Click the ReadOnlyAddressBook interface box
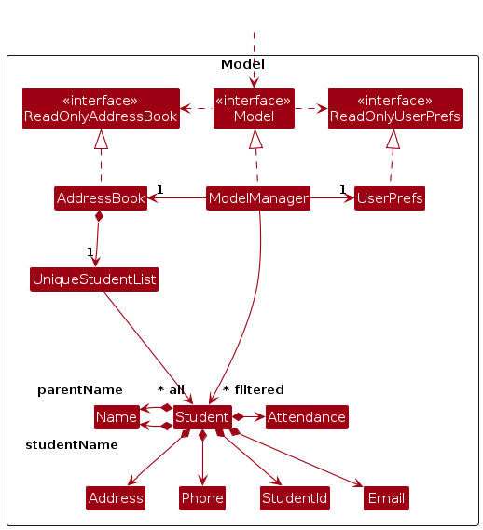pos(101,108)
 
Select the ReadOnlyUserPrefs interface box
pos(395,108)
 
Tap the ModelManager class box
pos(258,198)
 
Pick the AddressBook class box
pos(101,198)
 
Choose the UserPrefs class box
pos(390,198)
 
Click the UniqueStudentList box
pos(94,279)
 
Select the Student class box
pos(202,417)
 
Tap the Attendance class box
pos(307,417)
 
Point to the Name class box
pos(117,417)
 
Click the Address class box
pos(116,498)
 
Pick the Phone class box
pos(202,498)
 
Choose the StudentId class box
pos(295,498)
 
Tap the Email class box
pos(386,498)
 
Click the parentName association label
pos(80,389)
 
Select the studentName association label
pos(72,445)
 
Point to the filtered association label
pos(259,389)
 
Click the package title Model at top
pos(242,64)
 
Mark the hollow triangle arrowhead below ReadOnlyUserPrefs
pos(393,139)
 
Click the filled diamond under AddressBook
pos(99,216)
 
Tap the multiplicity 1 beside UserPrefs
pos(343,190)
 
